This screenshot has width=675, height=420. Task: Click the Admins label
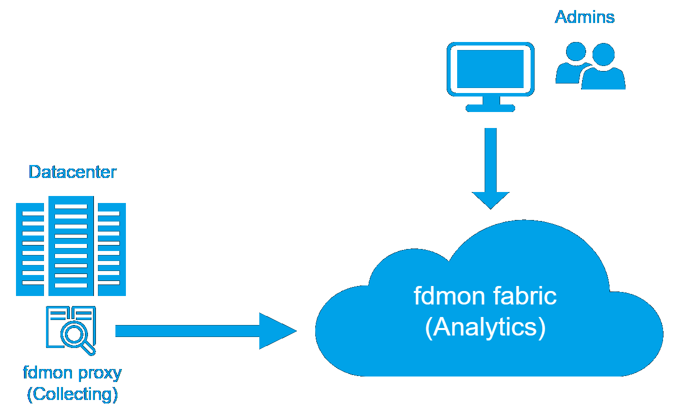coord(585,17)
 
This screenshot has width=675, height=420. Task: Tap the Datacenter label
coord(72,172)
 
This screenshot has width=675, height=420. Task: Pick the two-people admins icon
coord(590,66)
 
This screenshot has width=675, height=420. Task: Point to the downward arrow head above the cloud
coord(491,199)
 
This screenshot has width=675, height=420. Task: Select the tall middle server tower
coord(71,245)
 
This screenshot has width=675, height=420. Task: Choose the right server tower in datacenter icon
coord(111,249)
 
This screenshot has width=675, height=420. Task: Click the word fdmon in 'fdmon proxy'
coord(46,372)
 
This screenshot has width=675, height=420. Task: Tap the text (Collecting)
coord(72,394)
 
